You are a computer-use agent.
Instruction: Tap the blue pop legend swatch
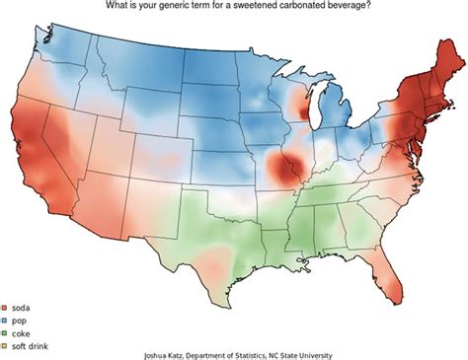click(x=6, y=322)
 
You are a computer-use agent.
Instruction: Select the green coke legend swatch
click(x=6, y=333)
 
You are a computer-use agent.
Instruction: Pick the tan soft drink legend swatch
click(x=6, y=345)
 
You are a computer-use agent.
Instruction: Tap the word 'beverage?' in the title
click(x=350, y=6)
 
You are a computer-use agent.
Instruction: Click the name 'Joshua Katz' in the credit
click(x=157, y=354)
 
